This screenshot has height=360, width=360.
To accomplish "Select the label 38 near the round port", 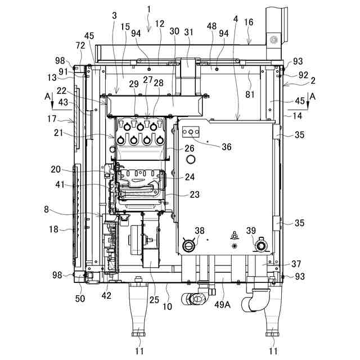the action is (x=200, y=230).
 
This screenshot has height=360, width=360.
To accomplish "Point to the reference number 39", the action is (x=251, y=230).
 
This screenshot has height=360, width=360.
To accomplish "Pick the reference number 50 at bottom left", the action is (x=80, y=299).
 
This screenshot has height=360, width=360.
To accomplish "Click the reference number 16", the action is (x=249, y=22).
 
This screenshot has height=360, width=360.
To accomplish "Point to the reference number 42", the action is (x=106, y=295).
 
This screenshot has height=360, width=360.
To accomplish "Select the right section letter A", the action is (x=312, y=96).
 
